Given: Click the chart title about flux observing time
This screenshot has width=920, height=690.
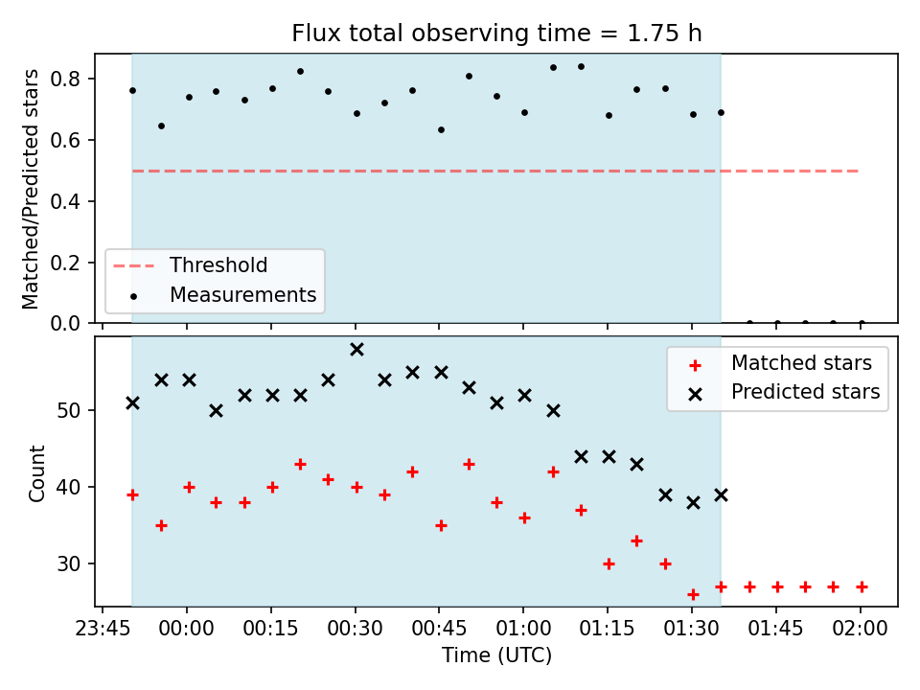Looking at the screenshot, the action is (x=496, y=33).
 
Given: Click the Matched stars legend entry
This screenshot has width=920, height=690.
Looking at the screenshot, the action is (x=780, y=363).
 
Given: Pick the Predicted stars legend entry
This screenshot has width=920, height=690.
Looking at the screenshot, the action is (x=785, y=392).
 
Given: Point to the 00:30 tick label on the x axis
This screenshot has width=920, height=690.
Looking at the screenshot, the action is (x=355, y=629).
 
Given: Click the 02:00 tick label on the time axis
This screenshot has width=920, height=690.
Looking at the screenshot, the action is (x=861, y=629).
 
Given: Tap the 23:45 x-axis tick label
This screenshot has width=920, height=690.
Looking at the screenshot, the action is (x=103, y=629).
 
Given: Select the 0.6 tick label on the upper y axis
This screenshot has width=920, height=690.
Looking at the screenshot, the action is (x=64, y=140).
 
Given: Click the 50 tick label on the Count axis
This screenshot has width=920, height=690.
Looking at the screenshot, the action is (x=69, y=410).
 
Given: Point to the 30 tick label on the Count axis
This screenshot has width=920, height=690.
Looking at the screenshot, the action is (x=69, y=563).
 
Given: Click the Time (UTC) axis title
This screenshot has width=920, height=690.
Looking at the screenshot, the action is (x=496, y=655).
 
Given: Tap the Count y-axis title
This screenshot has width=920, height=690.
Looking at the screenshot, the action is (x=36, y=473).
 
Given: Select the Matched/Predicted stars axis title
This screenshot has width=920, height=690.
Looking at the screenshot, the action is (x=30, y=189).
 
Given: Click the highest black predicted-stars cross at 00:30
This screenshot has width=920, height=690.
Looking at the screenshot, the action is (x=356, y=350).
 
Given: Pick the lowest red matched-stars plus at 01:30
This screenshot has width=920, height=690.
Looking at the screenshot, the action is (x=693, y=595).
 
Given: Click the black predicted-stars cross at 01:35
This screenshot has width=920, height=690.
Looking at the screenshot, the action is (x=721, y=495).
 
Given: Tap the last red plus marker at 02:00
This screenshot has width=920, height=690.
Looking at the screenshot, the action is (x=862, y=586).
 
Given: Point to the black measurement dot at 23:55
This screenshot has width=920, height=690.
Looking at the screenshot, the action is (x=161, y=126).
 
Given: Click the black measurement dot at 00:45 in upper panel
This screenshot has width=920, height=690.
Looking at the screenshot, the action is (x=441, y=129).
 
